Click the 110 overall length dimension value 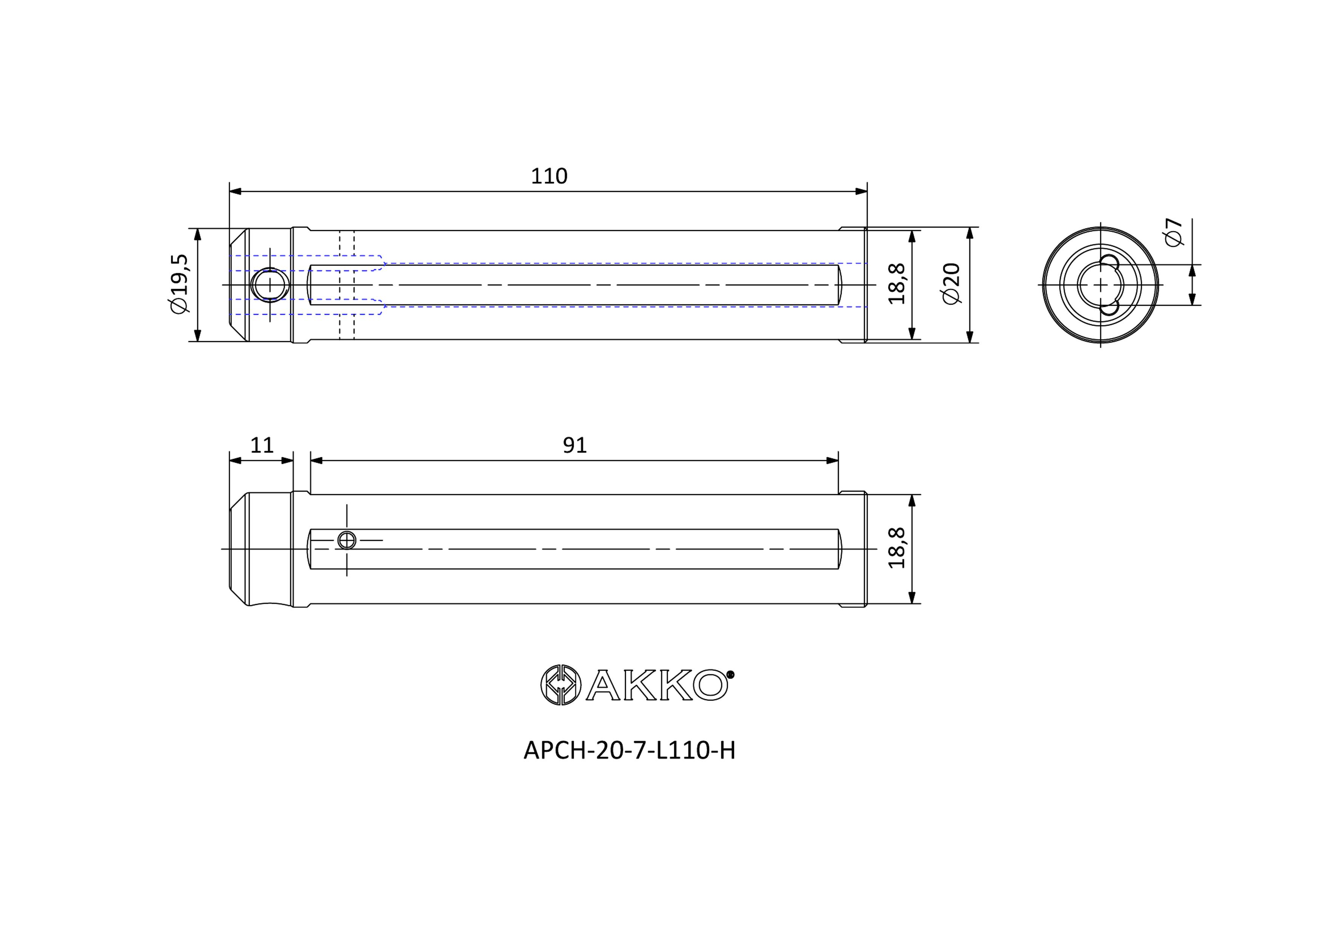[549, 176]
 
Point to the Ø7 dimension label [1174, 232]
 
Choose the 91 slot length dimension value [575, 445]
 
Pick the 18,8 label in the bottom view [897, 548]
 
